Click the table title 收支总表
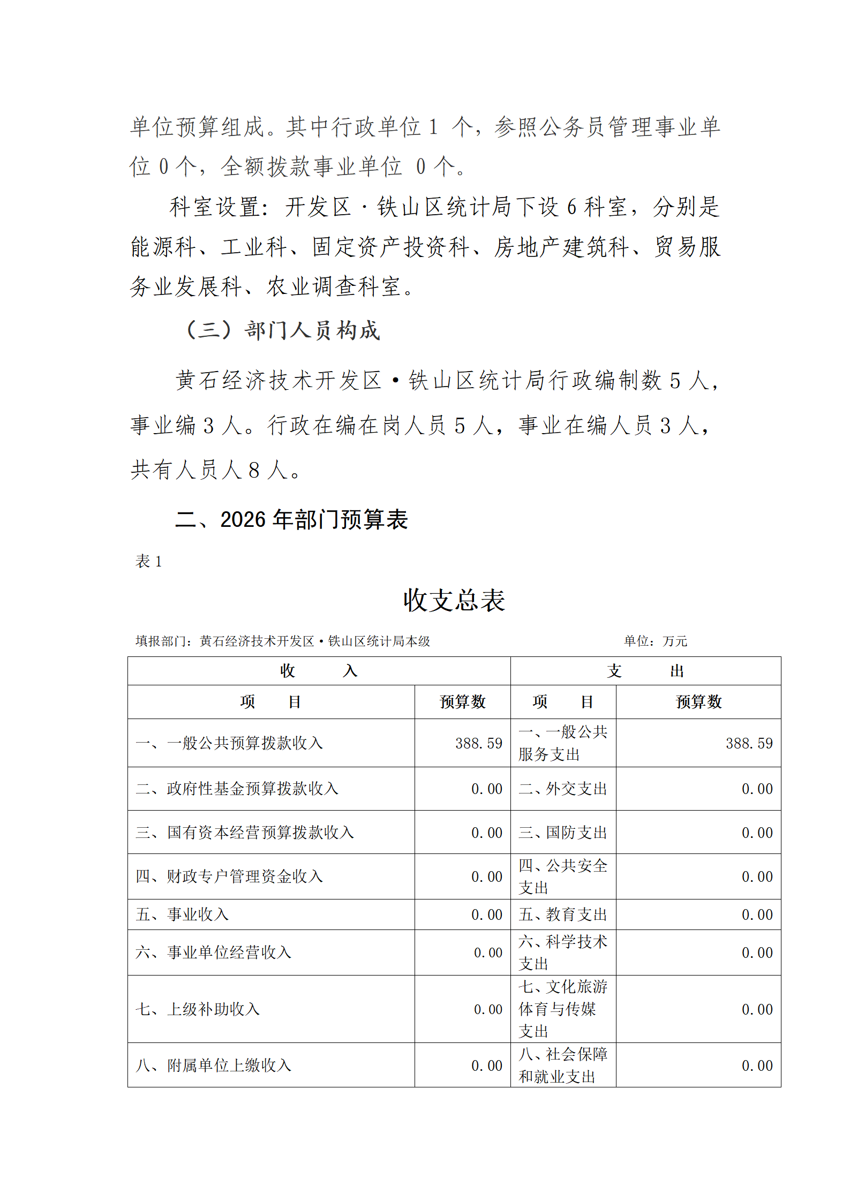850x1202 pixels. [x=454, y=600]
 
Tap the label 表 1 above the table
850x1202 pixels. [x=148, y=561]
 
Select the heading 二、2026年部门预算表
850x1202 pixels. [x=292, y=519]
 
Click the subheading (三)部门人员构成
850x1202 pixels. [x=282, y=330]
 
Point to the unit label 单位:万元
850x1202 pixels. [x=655, y=641]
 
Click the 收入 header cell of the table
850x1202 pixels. [x=319, y=671]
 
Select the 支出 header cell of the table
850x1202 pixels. [x=645, y=671]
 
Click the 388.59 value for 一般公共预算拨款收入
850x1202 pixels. [x=479, y=743]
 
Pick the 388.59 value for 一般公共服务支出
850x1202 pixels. [x=749, y=743]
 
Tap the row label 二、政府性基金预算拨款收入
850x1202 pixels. [x=237, y=789]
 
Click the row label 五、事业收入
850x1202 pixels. [x=183, y=914]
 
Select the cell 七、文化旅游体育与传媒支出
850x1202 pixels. [x=562, y=1009]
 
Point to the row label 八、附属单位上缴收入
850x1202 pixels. [x=214, y=1065]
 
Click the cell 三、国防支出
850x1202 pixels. [x=562, y=833]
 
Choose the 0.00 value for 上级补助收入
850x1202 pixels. [x=488, y=1009]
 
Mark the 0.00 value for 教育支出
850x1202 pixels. [x=757, y=914]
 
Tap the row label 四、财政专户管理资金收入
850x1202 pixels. [x=230, y=876]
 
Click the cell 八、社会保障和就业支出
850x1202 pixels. [x=562, y=1065]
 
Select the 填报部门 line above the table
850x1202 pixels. [x=283, y=641]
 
